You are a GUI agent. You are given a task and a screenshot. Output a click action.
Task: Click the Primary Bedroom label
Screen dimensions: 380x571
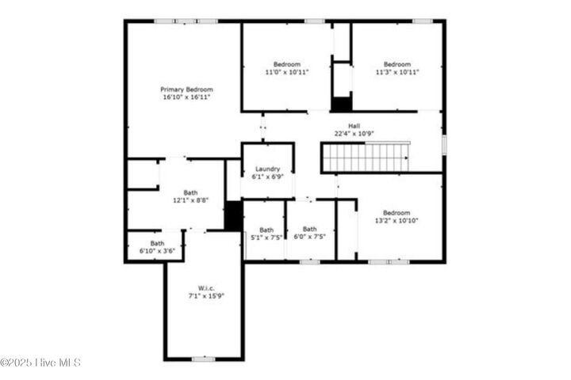coord(186,89)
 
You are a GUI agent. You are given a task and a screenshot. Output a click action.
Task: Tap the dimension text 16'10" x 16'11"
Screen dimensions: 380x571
coord(186,97)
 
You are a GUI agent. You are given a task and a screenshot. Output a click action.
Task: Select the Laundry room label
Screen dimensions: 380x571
coord(267,169)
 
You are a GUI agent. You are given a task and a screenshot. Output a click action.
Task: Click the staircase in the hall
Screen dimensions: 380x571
coord(366,157)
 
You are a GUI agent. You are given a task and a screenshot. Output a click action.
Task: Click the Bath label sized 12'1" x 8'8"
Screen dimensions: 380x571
coord(191,192)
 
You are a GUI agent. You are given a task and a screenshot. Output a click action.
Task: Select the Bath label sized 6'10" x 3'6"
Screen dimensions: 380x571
coord(157,243)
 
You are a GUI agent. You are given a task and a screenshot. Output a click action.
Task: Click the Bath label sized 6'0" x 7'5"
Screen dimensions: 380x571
coord(309,229)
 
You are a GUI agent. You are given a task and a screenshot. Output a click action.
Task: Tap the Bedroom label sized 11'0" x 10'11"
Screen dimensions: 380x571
coord(287,64)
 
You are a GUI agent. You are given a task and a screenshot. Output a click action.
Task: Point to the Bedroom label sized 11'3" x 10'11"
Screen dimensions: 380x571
coord(397,64)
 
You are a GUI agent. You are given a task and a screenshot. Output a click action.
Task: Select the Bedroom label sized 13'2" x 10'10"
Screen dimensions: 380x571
coord(397,212)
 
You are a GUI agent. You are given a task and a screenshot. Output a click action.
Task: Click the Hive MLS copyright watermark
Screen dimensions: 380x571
coord(40,363)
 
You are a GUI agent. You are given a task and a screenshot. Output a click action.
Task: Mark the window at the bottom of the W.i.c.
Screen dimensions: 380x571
coord(204,359)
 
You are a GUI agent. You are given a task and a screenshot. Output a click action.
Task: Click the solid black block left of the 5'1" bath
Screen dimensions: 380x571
coord(233,216)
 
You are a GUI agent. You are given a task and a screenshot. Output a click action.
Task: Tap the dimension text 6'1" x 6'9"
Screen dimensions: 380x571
coord(267,177)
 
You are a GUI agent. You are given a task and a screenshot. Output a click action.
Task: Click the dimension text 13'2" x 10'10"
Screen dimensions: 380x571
coord(397,220)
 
